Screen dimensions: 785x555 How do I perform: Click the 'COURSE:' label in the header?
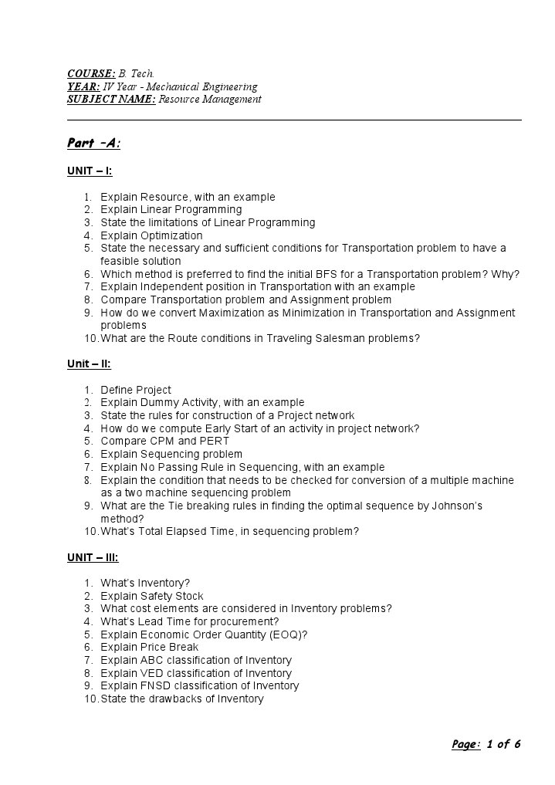click(x=91, y=73)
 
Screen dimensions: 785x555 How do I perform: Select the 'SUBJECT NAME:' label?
click(x=111, y=100)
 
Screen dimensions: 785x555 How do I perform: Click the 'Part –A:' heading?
click(x=93, y=143)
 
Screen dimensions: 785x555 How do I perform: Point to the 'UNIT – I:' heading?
click(x=90, y=171)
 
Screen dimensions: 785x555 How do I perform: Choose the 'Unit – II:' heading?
click(x=89, y=364)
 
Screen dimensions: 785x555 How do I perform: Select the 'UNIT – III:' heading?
click(x=93, y=557)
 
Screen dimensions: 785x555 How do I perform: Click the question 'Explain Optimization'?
click(x=151, y=235)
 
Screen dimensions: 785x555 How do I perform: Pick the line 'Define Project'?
click(x=136, y=390)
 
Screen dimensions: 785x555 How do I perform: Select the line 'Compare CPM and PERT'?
click(x=164, y=442)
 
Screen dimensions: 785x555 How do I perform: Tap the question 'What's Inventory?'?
click(x=145, y=583)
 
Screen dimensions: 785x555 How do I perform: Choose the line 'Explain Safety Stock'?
click(x=152, y=596)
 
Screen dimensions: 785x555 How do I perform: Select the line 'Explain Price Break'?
click(x=149, y=647)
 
